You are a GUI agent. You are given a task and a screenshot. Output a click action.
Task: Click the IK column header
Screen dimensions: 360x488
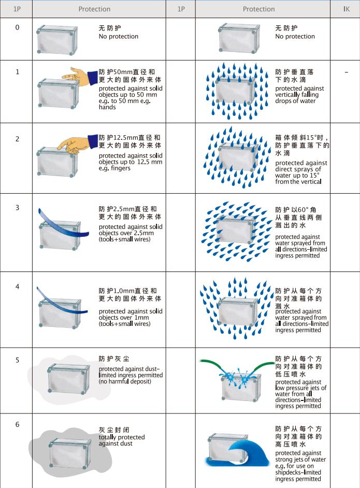[347, 9]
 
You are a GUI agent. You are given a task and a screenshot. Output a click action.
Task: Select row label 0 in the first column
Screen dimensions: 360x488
[18, 27]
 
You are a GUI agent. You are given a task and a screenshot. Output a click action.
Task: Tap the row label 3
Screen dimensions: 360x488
[18, 208]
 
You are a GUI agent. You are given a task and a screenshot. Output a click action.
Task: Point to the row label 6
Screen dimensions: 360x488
[18, 424]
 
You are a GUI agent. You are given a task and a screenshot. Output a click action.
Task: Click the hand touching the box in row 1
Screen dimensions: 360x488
[80, 76]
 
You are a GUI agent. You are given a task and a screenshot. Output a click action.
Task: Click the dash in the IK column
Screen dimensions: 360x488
[347, 73]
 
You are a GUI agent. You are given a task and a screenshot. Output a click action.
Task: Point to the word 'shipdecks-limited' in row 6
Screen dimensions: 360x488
[298, 472]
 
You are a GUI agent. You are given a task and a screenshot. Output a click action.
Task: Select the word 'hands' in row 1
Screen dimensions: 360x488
[107, 107]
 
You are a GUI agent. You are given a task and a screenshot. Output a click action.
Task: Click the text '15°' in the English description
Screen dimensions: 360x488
[313, 175]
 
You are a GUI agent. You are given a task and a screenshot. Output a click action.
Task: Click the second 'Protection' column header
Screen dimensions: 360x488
[259, 9]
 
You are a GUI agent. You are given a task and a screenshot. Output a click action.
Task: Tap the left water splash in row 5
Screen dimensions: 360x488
[229, 377]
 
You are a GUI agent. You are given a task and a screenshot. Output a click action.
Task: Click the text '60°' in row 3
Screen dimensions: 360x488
[304, 210]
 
